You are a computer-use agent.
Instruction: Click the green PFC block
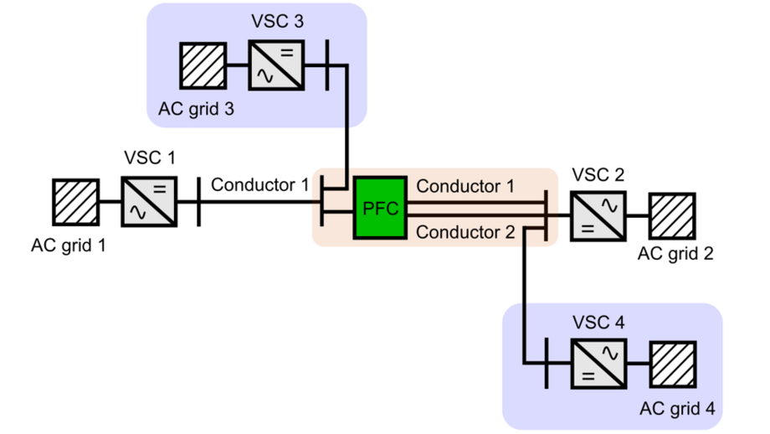[381, 207]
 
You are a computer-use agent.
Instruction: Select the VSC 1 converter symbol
[149, 201]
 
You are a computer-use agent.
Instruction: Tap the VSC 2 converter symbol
[596, 215]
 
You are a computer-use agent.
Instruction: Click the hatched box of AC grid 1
[76, 201]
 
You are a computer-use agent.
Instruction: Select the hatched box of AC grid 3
[203, 66]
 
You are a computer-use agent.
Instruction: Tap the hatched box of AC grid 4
[672, 364]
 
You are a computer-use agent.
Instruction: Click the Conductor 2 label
[465, 233]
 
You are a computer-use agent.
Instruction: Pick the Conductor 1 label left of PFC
[259, 184]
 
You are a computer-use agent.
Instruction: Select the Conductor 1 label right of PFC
[465, 185]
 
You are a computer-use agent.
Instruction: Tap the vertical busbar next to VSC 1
[199, 201]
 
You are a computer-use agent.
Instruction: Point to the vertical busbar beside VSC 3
[326, 66]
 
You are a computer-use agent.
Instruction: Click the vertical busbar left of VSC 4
[546, 363]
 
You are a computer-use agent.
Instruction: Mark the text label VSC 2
[598, 175]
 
